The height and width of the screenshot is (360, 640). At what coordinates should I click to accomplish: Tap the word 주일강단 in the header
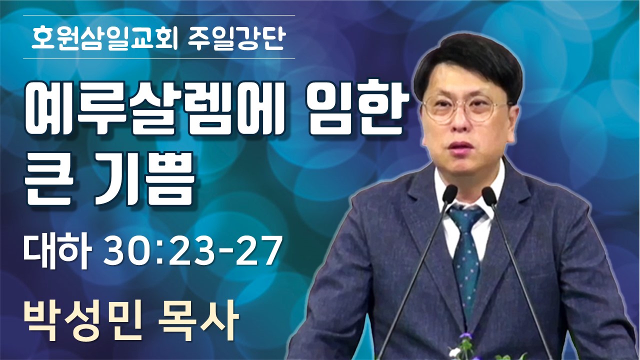point(237,38)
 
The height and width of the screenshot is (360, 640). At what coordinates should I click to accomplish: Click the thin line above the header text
point(159,15)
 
